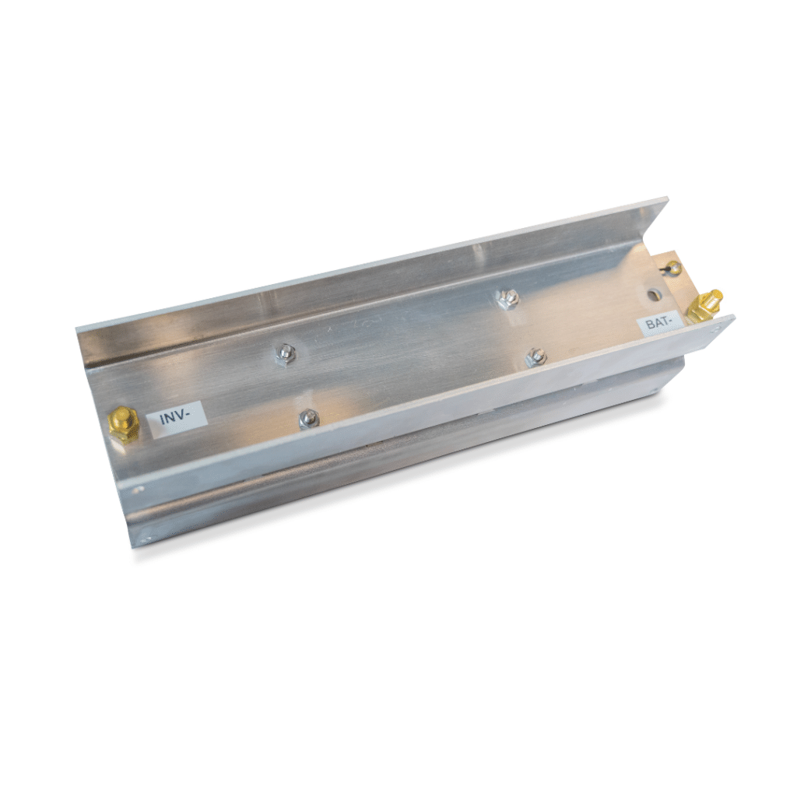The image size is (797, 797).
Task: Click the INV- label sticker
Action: (177, 418)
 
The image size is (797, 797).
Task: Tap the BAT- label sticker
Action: (661, 323)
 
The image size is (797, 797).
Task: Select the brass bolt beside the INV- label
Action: (124, 424)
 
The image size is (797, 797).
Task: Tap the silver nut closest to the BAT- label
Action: (536, 356)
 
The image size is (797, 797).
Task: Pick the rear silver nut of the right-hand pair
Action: (507, 298)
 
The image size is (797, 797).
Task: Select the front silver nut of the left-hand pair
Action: (309, 418)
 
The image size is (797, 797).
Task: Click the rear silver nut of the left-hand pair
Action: (285, 353)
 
